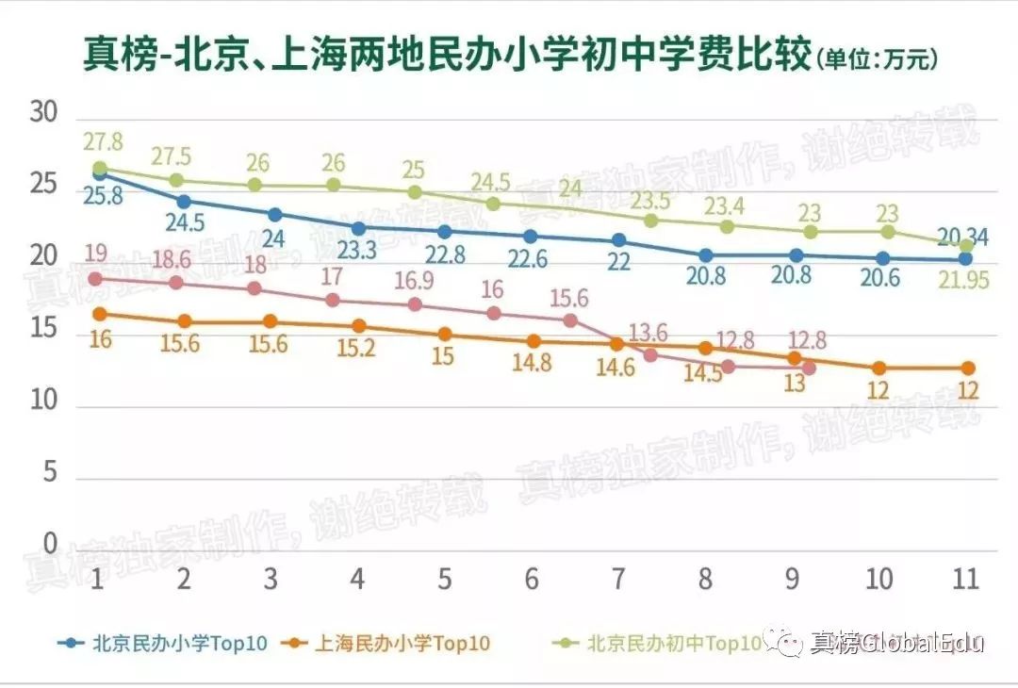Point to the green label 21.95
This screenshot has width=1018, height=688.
(x=961, y=280)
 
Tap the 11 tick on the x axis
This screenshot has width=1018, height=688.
(x=965, y=579)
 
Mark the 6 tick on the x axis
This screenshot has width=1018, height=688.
(x=532, y=579)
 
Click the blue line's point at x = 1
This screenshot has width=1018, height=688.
(x=100, y=174)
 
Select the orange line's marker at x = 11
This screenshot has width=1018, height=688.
(x=965, y=369)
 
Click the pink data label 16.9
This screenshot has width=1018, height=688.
(x=415, y=281)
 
